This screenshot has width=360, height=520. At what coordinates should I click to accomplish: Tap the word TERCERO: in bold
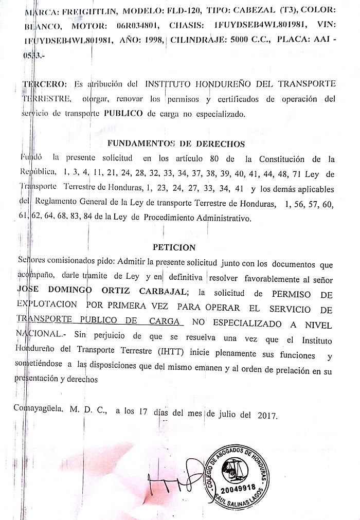click(x=45, y=83)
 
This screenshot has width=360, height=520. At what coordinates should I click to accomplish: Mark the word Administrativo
click(x=222, y=218)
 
